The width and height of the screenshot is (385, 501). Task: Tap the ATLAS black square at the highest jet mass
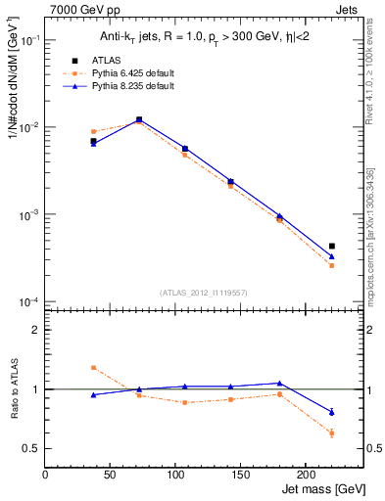(332, 246)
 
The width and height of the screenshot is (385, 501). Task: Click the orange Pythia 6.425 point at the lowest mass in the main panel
(93, 131)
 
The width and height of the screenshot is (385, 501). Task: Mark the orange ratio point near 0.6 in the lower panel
(332, 433)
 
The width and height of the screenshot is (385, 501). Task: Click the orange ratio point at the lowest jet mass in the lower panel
(93, 368)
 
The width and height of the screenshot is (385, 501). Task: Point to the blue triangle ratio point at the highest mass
(332, 412)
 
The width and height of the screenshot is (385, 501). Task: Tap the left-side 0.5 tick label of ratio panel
(32, 448)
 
